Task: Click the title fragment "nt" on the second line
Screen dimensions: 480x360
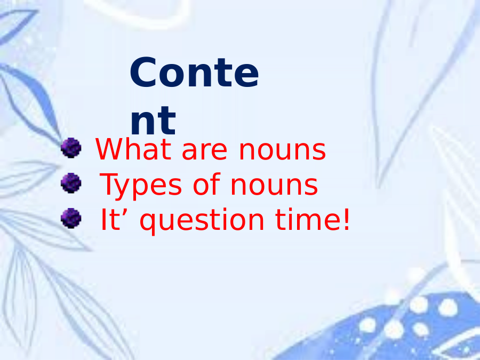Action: pyautogui.click(x=153, y=121)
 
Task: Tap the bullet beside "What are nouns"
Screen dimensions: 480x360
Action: pyautogui.click(x=71, y=148)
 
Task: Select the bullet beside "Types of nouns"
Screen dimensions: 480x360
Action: pyautogui.click(x=71, y=183)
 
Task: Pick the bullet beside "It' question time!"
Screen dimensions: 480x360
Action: pyautogui.click(x=71, y=218)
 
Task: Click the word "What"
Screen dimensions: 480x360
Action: pyautogui.click(x=133, y=149)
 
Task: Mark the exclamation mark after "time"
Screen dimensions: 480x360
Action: pyautogui.click(x=346, y=219)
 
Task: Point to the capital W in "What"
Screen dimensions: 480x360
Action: pyautogui.click(x=110, y=149)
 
